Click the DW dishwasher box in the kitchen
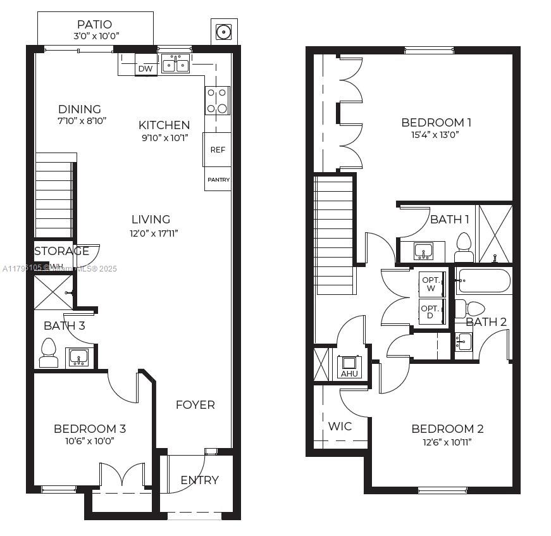coord(145,68)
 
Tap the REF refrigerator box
coord(217,150)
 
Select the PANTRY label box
coord(218,180)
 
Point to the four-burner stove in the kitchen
coord(217,101)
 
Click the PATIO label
coord(95,25)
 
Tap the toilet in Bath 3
coord(49,353)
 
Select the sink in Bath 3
coord(79,358)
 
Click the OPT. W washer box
coord(431,284)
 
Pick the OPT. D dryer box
coord(431,311)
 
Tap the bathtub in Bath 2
coord(484,281)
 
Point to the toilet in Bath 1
coord(464,247)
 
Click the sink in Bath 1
coord(423,251)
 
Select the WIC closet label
coord(340,426)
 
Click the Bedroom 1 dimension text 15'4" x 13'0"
coord(436,134)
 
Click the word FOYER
coord(195,404)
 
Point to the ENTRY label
coord(199,480)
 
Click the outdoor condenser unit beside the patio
coord(223,32)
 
